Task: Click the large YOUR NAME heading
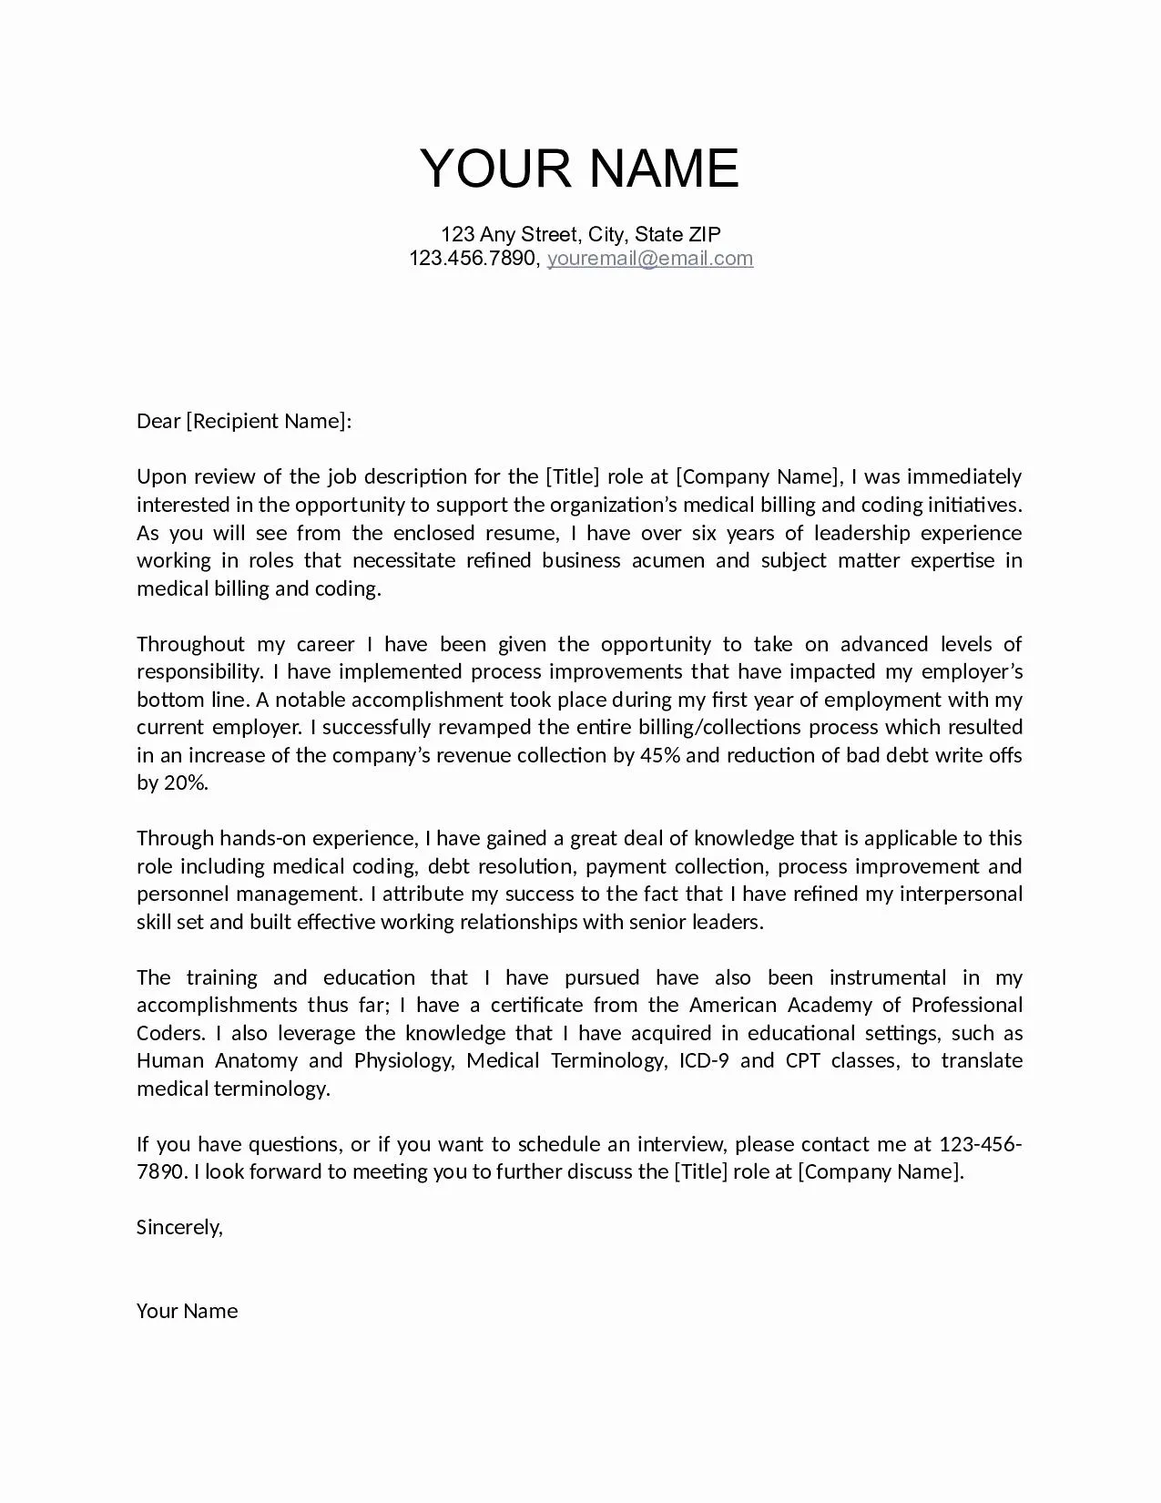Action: click(x=579, y=169)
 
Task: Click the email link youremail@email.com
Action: click(x=649, y=259)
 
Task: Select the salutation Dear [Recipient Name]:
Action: click(x=243, y=421)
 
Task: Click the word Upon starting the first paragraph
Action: click(x=161, y=477)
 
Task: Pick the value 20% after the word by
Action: click(x=185, y=783)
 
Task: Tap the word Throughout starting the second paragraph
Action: click(x=190, y=645)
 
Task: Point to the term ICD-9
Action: click(x=704, y=1061)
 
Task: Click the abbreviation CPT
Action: click(x=802, y=1061)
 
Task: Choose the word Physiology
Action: click(x=403, y=1061)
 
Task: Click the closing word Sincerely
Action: click(x=178, y=1228)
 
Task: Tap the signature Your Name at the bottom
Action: click(x=187, y=1312)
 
